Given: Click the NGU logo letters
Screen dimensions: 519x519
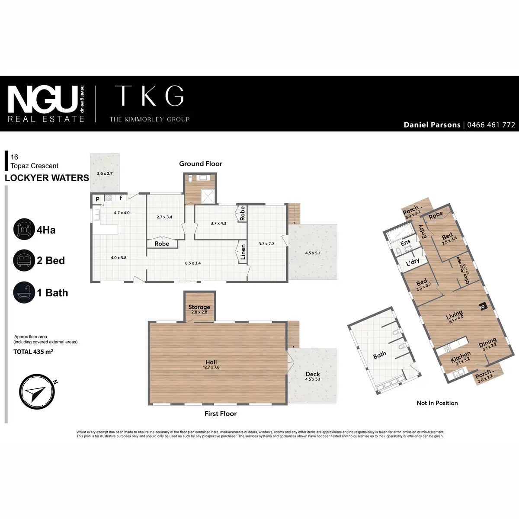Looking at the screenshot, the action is point(43,99).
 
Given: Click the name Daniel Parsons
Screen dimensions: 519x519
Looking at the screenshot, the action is point(432,125).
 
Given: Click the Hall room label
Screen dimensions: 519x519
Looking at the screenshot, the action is point(211,362).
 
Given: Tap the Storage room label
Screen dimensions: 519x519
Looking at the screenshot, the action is point(199,307).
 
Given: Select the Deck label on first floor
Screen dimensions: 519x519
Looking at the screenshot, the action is point(313,374).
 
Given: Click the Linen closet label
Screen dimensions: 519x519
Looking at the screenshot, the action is point(243,253).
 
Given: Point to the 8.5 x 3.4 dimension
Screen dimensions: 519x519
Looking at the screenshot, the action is point(192,263).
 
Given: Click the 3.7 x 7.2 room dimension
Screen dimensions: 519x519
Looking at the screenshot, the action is point(266,243).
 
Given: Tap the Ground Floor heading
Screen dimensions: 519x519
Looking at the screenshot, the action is point(201,164).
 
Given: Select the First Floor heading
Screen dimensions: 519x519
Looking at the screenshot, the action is point(221,414).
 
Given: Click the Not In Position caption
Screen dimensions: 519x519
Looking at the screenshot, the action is point(437,403).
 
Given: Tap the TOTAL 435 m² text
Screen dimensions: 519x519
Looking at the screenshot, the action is point(33,352).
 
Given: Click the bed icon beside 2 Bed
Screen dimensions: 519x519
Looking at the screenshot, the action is point(23,260).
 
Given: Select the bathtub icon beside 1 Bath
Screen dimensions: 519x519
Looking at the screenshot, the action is point(23,293).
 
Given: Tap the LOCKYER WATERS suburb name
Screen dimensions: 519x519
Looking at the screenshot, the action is point(47,178).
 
